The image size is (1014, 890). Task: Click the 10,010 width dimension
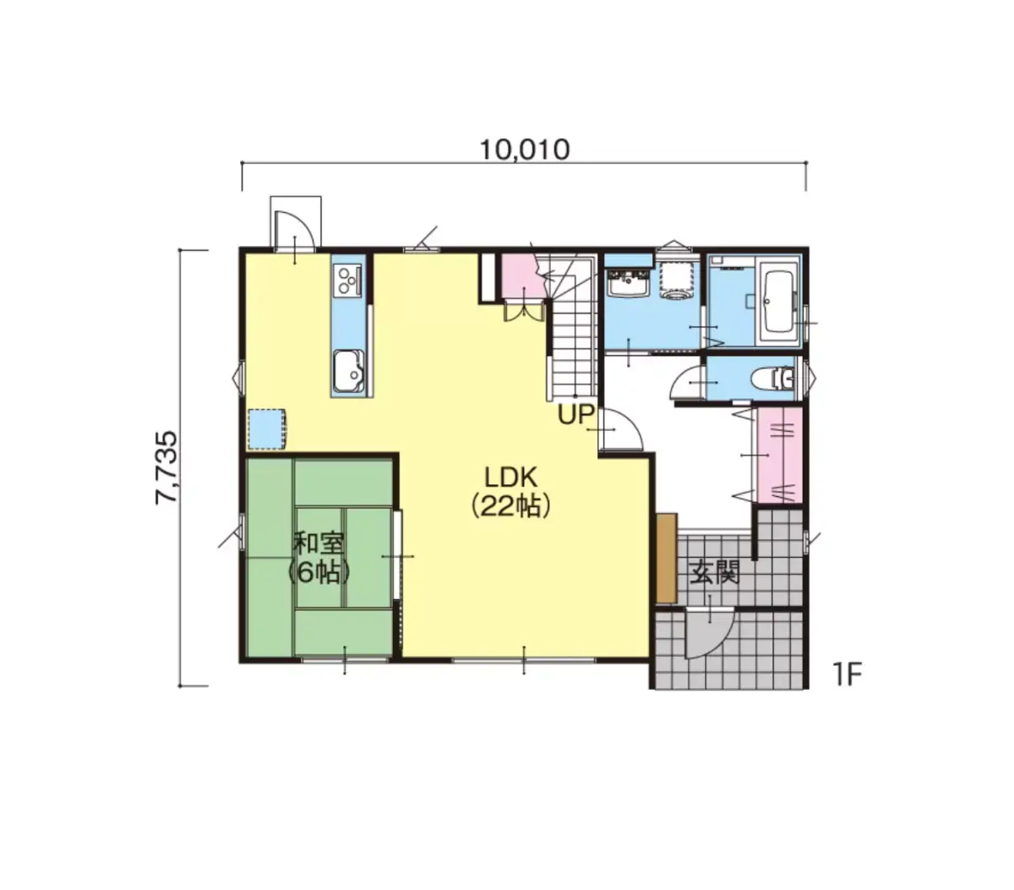tap(525, 150)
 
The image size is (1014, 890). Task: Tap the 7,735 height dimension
tap(166, 467)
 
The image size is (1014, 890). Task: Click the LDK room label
tap(510, 478)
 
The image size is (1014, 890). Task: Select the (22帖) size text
tap(510, 506)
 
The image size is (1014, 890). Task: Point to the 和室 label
tap(319, 543)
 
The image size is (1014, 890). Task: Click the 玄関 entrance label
tap(714, 572)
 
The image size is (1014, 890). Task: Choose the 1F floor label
tap(847, 674)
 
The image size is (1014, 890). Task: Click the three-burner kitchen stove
tap(347, 279)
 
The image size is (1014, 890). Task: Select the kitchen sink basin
tap(348, 371)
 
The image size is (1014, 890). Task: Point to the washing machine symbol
tap(678, 280)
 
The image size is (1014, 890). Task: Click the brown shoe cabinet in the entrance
tap(666, 558)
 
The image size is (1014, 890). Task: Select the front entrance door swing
tap(709, 633)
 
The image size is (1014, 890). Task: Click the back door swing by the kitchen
tap(294, 229)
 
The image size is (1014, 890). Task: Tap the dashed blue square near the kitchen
tap(267, 429)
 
